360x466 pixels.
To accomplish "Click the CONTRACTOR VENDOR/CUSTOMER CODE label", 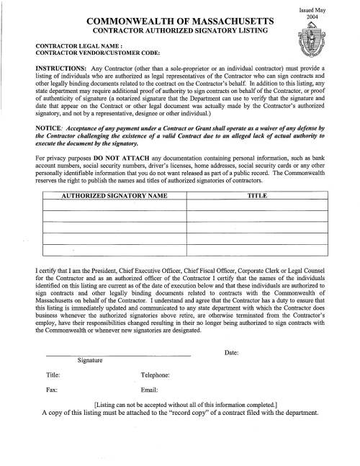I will [86, 53].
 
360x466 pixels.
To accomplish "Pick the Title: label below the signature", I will [53, 375].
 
